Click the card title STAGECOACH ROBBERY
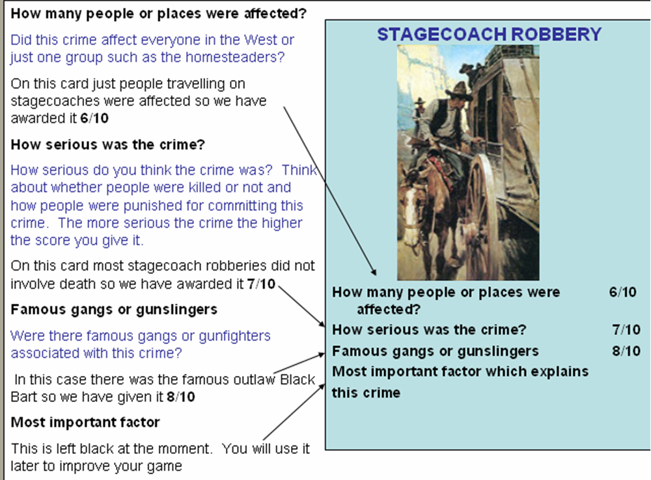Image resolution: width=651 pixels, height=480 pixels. point(490,34)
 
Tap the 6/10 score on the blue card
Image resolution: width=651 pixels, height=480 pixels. point(622,292)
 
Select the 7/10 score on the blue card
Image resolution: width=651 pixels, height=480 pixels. point(626,330)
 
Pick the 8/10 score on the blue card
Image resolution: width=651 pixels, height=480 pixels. point(626,351)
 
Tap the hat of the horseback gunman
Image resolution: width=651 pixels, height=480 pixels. point(458,88)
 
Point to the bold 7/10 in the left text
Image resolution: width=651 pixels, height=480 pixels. point(261,284)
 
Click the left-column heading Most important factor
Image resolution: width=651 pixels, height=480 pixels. point(85,422)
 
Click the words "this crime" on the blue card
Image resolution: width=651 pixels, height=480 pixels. point(366,393)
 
